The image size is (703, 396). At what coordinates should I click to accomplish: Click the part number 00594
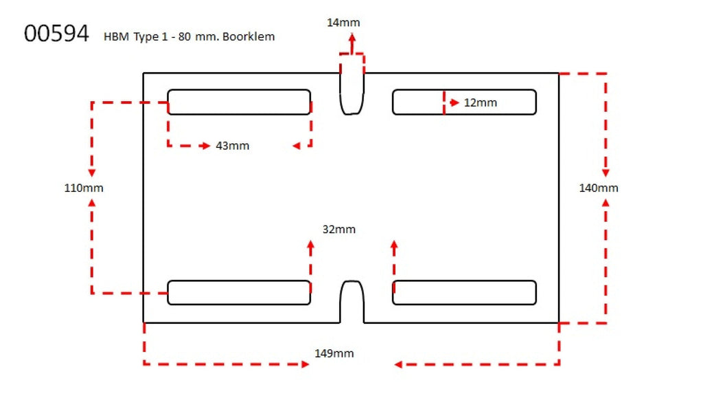[56, 34]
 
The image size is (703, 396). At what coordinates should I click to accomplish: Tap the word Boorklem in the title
[252, 36]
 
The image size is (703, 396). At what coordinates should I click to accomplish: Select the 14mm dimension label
[343, 23]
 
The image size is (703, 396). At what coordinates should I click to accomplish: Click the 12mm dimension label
[480, 102]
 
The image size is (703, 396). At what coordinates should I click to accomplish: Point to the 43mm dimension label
[232, 146]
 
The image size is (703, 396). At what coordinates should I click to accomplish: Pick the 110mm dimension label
[84, 188]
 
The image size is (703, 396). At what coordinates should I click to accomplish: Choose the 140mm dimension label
[598, 188]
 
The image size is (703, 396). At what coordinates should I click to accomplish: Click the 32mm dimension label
[339, 229]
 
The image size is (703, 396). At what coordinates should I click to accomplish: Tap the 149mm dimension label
[334, 353]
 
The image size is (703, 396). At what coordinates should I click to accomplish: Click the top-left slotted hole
[239, 102]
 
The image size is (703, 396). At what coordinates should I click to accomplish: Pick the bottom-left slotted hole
[239, 292]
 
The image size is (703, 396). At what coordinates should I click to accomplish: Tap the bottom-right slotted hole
[464, 292]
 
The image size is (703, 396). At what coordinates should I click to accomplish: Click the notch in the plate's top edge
[352, 93]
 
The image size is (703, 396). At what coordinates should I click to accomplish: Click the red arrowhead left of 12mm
[454, 102]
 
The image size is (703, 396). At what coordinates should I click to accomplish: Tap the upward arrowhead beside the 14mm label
[352, 38]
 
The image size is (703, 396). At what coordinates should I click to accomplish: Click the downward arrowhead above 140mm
[606, 173]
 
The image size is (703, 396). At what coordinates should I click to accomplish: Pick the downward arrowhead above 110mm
[91, 173]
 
